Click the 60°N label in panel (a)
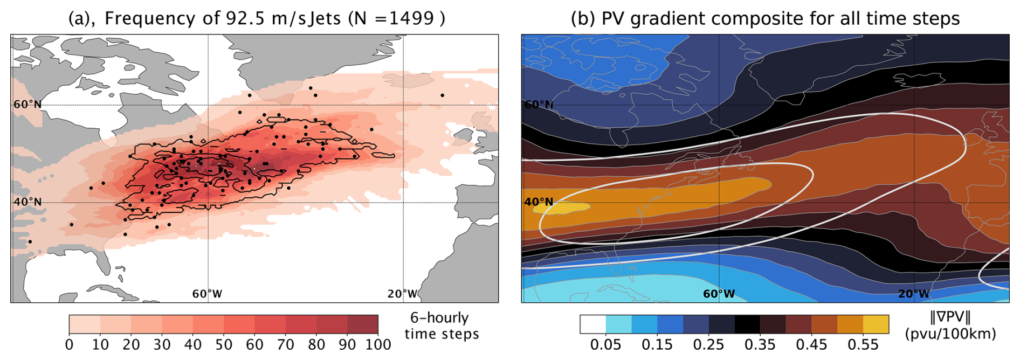pyautogui.click(x=27, y=105)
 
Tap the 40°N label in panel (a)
pyautogui.click(x=27, y=202)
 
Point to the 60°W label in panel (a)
pyautogui.click(x=208, y=294)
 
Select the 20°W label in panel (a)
pyautogui.click(x=402, y=294)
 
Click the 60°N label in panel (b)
pyautogui.click(x=539, y=105)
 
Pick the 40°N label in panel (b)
pyautogui.click(x=539, y=202)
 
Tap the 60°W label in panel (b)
pyautogui.click(x=719, y=294)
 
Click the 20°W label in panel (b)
pyautogui.click(x=914, y=294)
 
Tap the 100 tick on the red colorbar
pyautogui.click(x=378, y=344)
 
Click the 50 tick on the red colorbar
pyautogui.click(x=224, y=344)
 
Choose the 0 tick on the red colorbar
pyautogui.click(x=69, y=344)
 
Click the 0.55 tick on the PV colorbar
pyautogui.click(x=863, y=344)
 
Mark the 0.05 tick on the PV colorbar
pyautogui.click(x=606, y=344)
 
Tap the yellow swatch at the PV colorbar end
pyautogui.click(x=876, y=324)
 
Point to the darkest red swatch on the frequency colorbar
pyautogui.click(x=363, y=324)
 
